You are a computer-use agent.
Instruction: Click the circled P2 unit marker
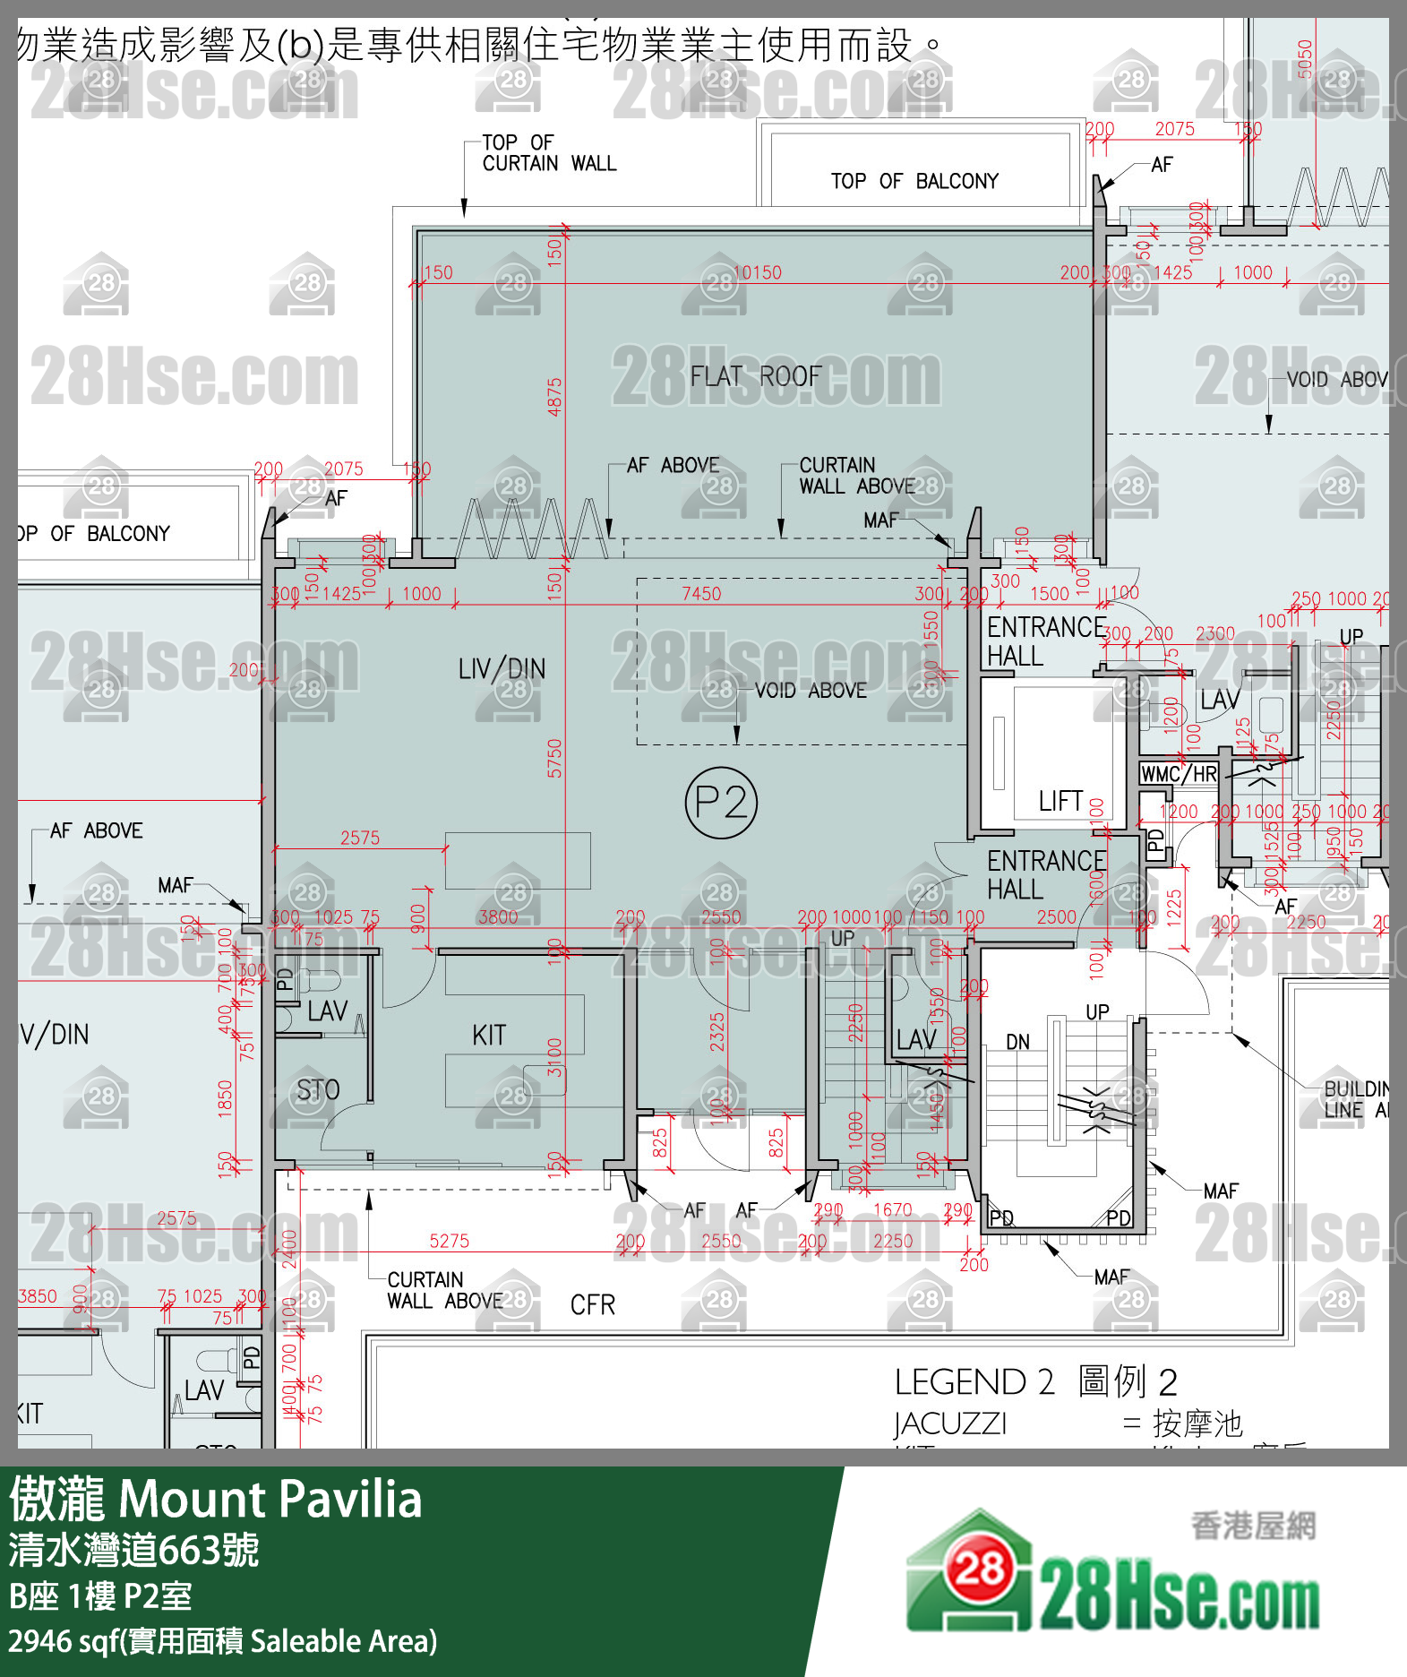click(721, 803)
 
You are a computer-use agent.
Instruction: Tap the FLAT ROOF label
click(755, 376)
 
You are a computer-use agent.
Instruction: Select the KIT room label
click(489, 1036)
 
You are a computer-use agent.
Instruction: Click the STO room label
click(318, 1090)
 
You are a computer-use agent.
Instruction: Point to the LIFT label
click(1060, 801)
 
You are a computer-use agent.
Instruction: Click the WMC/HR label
click(1179, 774)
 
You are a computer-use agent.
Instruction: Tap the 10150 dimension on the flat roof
click(758, 272)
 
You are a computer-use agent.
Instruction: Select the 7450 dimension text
click(701, 594)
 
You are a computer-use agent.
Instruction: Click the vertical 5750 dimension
click(554, 758)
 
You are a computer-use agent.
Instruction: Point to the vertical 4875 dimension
click(554, 397)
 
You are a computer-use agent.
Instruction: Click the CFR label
click(593, 1305)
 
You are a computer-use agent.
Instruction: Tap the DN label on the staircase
click(1017, 1043)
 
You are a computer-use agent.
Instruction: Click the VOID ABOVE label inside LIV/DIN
click(811, 691)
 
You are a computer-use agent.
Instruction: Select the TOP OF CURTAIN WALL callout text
click(549, 153)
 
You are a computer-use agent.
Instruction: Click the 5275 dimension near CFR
click(449, 1241)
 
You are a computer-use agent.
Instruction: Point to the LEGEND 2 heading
click(974, 1382)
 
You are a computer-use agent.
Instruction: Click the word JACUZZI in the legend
click(950, 1423)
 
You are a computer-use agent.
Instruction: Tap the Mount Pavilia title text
click(270, 1499)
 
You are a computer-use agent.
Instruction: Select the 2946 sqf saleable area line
click(222, 1641)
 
